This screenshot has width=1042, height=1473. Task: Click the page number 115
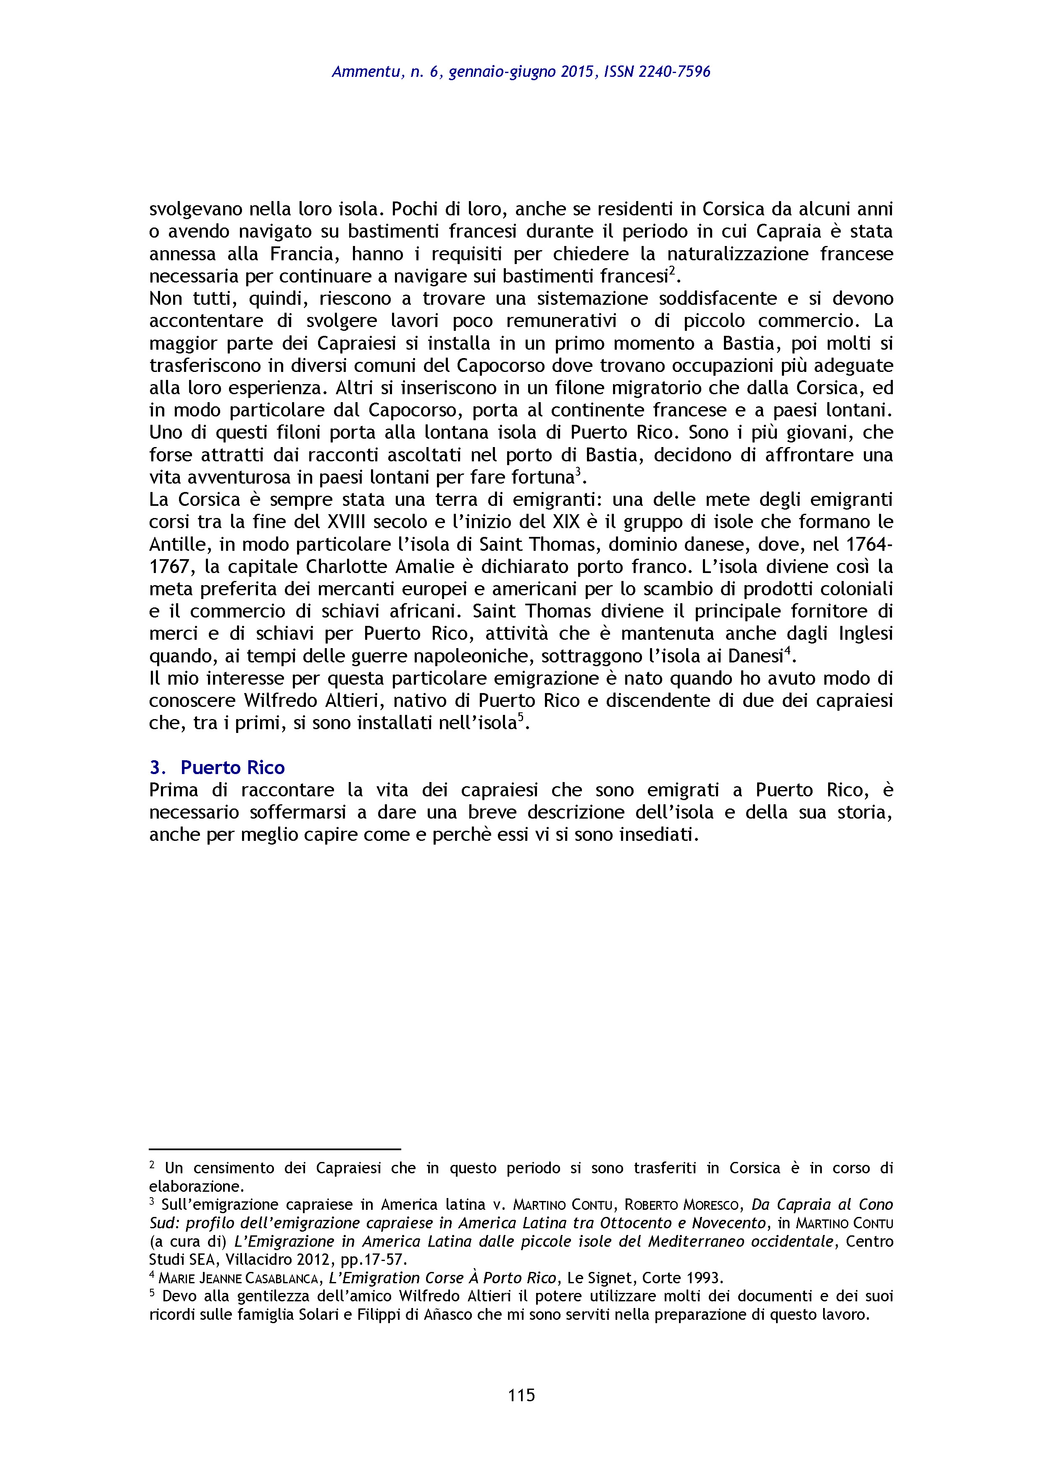(521, 1395)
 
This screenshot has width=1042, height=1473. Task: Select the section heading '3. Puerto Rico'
(217, 767)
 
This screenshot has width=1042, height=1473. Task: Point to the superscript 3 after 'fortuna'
(578, 471)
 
